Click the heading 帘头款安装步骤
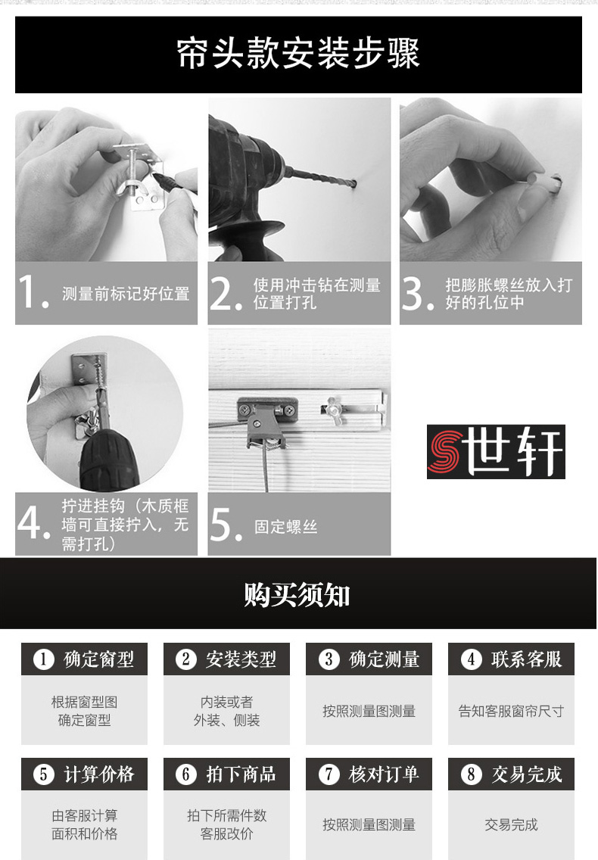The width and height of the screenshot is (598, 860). coord(298,54)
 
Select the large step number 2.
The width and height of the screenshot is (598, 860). coord(226,293)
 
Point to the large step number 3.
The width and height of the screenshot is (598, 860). coord(417,293)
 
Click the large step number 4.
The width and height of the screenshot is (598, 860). coord(33,523)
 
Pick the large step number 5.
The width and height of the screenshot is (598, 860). coord(226,525)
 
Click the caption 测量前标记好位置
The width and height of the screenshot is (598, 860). coord(126,294)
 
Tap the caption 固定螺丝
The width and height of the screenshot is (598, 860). coord(286,527)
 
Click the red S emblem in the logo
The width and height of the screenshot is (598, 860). coord(446,452)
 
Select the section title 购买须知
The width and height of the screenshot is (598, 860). coord(297,594)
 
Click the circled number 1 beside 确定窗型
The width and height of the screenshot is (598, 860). coord(43,659)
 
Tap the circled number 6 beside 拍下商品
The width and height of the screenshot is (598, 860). coord(186,774)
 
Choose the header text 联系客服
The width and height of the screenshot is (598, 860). coord(527,659)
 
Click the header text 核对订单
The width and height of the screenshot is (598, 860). coord(384,774)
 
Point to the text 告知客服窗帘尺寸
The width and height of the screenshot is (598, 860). coord(511,712)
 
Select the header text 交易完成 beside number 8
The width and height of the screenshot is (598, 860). coord(527,774)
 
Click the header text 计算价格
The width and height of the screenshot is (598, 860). coord(99,774)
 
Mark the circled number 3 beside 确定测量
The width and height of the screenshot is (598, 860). coord(329,659)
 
